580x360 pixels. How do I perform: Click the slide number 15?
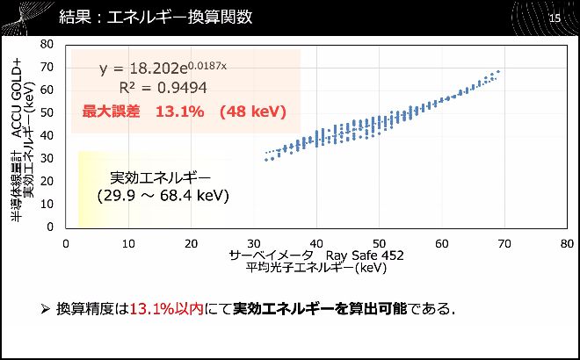pos(554,18)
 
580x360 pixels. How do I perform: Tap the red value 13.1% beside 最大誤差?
pos(179,112)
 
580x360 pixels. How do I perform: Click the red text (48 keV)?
pos(253,112)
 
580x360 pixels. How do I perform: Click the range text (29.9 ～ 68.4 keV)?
pos(163,195)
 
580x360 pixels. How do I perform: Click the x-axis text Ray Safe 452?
pos(366,256)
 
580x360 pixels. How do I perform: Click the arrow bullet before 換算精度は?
pos(47,309)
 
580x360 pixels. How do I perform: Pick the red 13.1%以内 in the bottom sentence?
pos(167,309)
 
